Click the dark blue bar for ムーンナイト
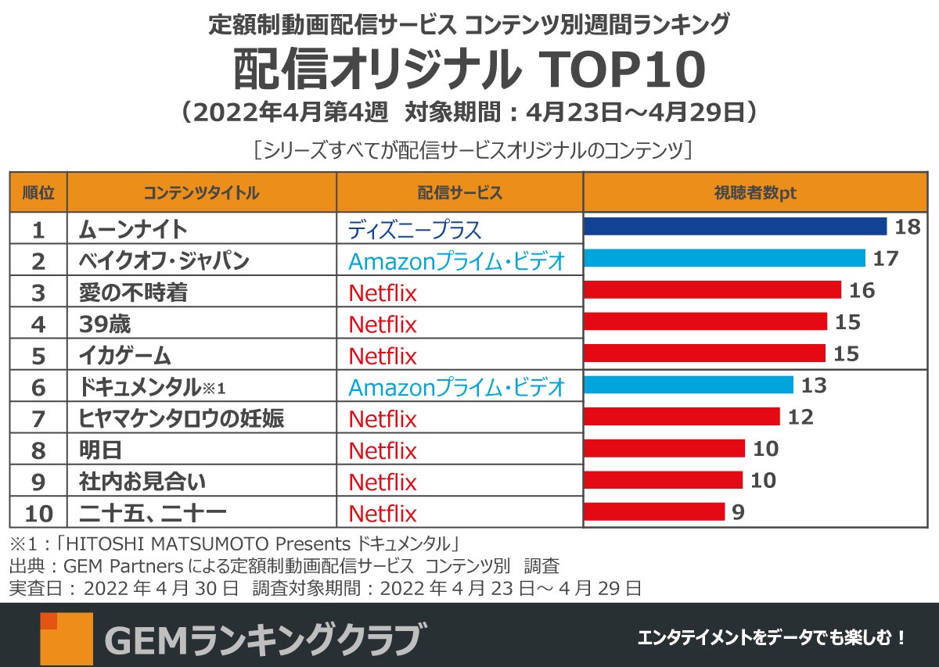point(735,227)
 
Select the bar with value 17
point(725,258)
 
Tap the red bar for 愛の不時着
point(712,290)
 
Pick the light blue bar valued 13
point(689,385)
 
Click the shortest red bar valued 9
point(654,511)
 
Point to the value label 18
point(908,227)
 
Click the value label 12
point(800,417)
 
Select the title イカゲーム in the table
point(125,356)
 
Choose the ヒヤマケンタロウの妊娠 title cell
point(182,419)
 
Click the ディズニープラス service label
point(415,230)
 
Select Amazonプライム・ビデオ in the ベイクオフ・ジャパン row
point(456,261)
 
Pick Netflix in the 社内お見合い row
point(383,482)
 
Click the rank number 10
point(38,514)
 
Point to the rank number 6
point(38,388)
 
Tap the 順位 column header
point(38,192)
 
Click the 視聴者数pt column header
point(755,192)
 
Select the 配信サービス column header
point(459,192)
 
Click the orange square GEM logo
point(66,638)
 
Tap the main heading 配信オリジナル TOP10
point(469,72)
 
